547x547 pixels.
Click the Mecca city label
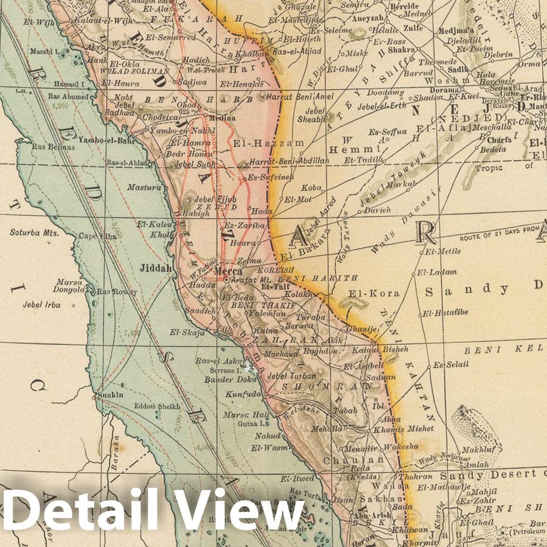pos(228,271)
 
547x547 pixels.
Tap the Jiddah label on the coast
pos(155,269)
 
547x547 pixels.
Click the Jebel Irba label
pos(41,305)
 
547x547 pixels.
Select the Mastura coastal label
pos(144,187)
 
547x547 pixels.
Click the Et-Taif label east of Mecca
pos(272,285)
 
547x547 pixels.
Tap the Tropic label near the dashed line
pos(488,167)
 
